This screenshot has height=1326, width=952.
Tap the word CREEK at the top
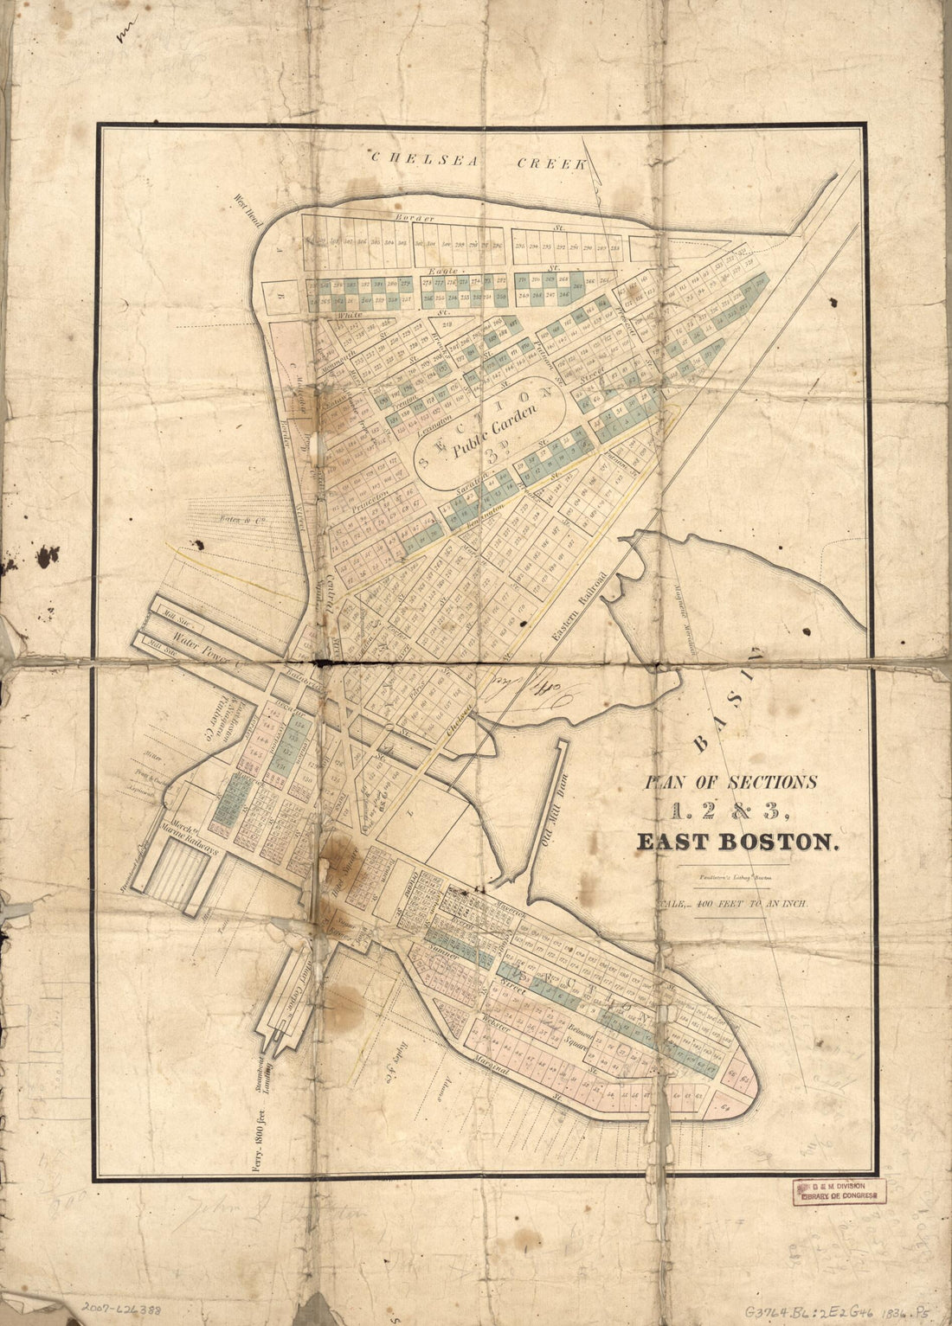click(552, 163)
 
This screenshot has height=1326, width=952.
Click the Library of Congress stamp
click(837, 1191)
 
